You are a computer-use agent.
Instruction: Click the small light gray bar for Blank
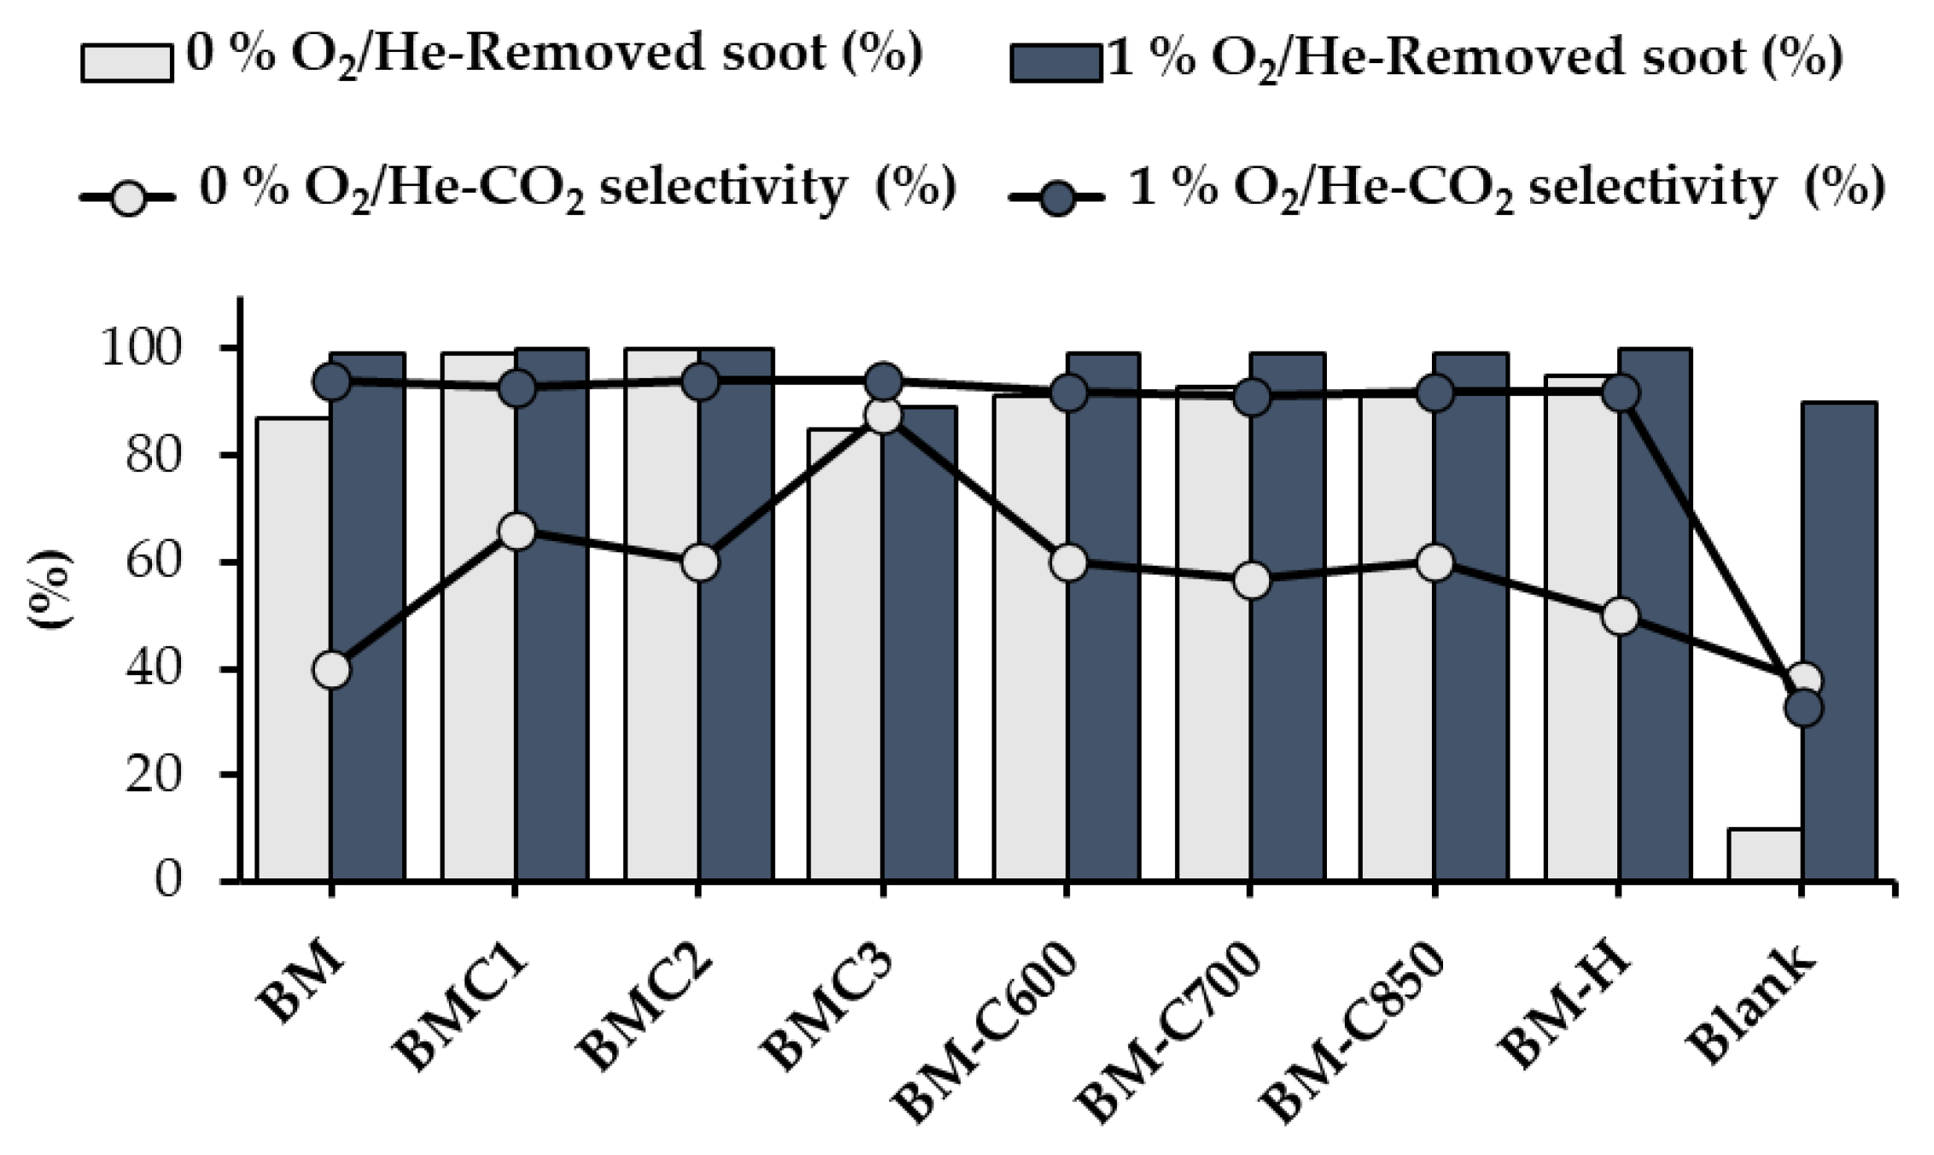pyautogui.click(x=1764, y=854)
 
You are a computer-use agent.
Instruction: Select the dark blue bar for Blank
pyautogui.click(x=1838, y=640)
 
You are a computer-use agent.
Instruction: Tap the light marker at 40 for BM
pyautogui.click(x=331, y=670)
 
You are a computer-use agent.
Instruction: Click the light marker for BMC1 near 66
pyautogui.click(x=517, y=532)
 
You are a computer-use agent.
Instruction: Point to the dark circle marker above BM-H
pyautogui.click(x=1620, y=394)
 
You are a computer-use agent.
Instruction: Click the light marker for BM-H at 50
pyautogui.click(x=1620, y=616)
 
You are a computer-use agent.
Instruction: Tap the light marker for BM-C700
pyautogui.click(x=1251, y=581)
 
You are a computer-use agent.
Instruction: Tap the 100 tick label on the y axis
pyautogui.click(x=141, y=348)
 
